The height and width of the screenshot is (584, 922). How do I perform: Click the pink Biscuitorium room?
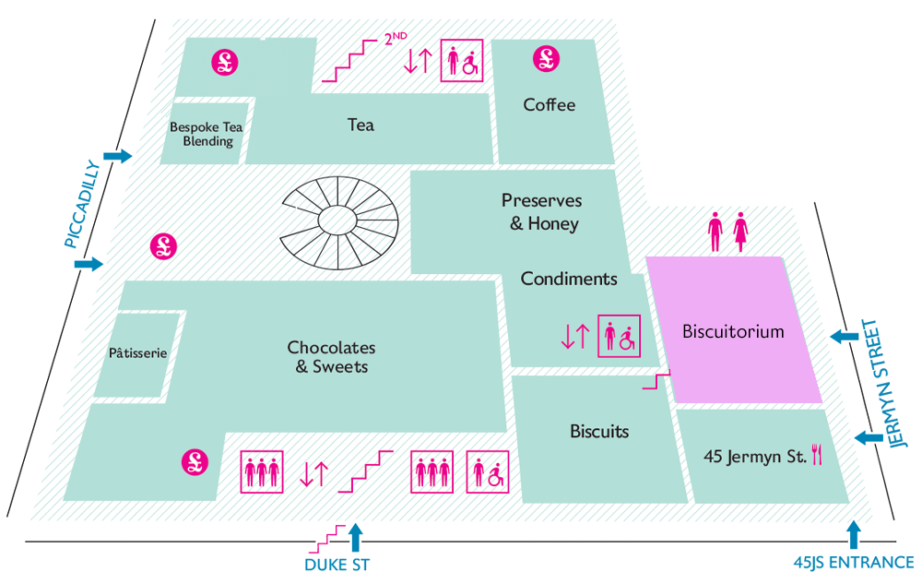(734, 329)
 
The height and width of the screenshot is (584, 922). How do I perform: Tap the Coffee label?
(550, 104)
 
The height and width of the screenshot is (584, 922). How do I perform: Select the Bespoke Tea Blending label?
(207, 134)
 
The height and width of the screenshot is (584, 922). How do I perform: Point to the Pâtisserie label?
(138, 352)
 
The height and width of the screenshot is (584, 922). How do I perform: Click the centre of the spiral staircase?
(337, 221)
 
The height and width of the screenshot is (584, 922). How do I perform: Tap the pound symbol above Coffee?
(546, 59)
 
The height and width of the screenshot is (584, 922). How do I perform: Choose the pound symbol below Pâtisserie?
(195, 461)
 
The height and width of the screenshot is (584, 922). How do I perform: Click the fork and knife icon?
(817, 454)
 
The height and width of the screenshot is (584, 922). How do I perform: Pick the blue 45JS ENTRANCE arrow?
(853, 534)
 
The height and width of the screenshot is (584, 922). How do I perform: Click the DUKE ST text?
(337, 566)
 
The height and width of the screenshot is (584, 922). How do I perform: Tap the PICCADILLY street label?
(82, 204)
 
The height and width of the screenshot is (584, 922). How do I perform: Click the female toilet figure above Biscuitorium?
(741, 232)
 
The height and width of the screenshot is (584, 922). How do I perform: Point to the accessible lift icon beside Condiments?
(620, 336)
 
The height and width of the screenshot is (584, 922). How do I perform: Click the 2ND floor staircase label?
(396, 39)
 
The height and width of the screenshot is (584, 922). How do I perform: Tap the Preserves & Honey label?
(542, 211)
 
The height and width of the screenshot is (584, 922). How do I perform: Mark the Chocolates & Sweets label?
(332, 356)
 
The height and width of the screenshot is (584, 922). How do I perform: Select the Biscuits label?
(599, 432)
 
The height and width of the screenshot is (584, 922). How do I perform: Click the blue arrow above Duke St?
(355, 538)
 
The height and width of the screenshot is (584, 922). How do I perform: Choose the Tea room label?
(361, 125)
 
